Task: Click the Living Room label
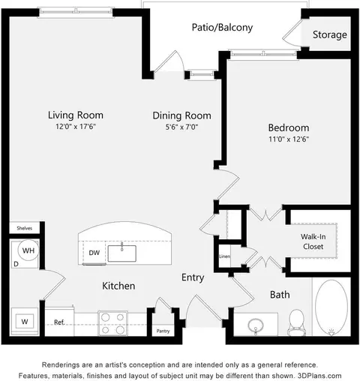coord(76,115)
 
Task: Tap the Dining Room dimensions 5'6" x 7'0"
coord(181,127)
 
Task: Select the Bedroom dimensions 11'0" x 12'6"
coord(289,139)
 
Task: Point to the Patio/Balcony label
coord(222,27)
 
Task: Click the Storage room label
coord(330,34)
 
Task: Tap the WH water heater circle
coord(28,250)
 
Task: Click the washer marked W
coord(25,322)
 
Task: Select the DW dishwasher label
coord(94,253)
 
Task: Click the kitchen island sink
coord(122,253)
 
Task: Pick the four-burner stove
coord(112,323)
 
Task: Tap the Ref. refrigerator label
coord(59,322)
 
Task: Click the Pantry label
coord(163,331)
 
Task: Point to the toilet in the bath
coord(296,322)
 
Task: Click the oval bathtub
coord(331,307)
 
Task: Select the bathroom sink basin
coord(256,325)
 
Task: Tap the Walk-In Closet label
coord(313,241)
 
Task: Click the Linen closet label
coord(224,256)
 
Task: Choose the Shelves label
coord(25,228)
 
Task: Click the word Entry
coord(193,277)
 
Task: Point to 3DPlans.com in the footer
coord(319,376)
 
